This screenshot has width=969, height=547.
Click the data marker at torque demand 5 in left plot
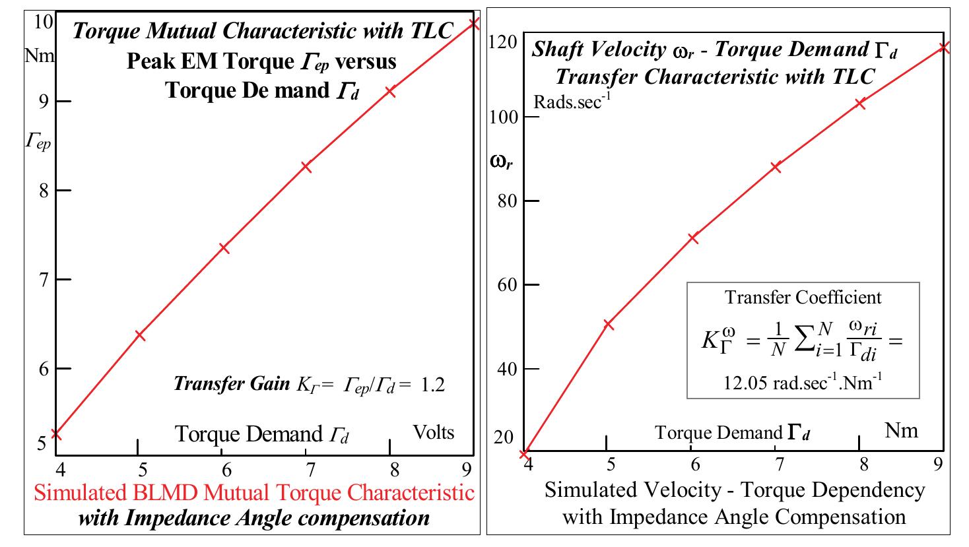[x=139, y=335]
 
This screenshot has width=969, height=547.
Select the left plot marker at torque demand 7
[x=306, y=167]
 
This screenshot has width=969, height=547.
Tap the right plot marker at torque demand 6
[x=693, y=238]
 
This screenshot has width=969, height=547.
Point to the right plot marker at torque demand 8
[x=860, y=103]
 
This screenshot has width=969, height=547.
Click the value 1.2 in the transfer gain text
[x=432, y=385]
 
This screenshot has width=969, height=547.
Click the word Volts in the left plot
[x=434, y=432]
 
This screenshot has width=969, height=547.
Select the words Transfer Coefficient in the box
[x=803, y=297]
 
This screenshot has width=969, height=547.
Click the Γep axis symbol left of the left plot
[x=38, y=141]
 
